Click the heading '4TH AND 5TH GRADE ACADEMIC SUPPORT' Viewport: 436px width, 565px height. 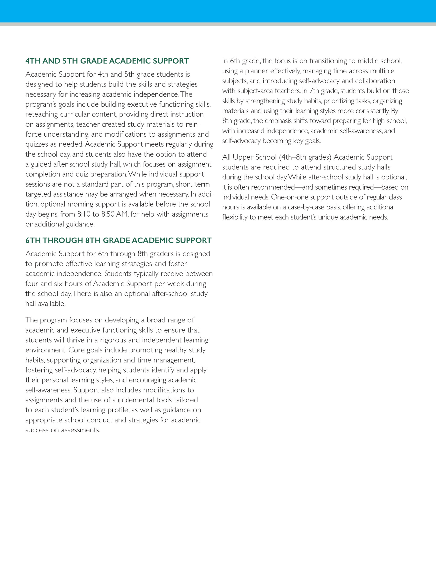coord(107,61)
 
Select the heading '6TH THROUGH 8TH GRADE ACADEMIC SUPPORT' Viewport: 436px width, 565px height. coord(118,240)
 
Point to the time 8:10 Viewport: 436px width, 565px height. coord(84,214)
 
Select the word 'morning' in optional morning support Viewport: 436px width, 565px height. coord(80,204)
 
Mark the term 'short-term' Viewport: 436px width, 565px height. coord(193,184)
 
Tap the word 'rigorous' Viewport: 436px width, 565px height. coord(114,340)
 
